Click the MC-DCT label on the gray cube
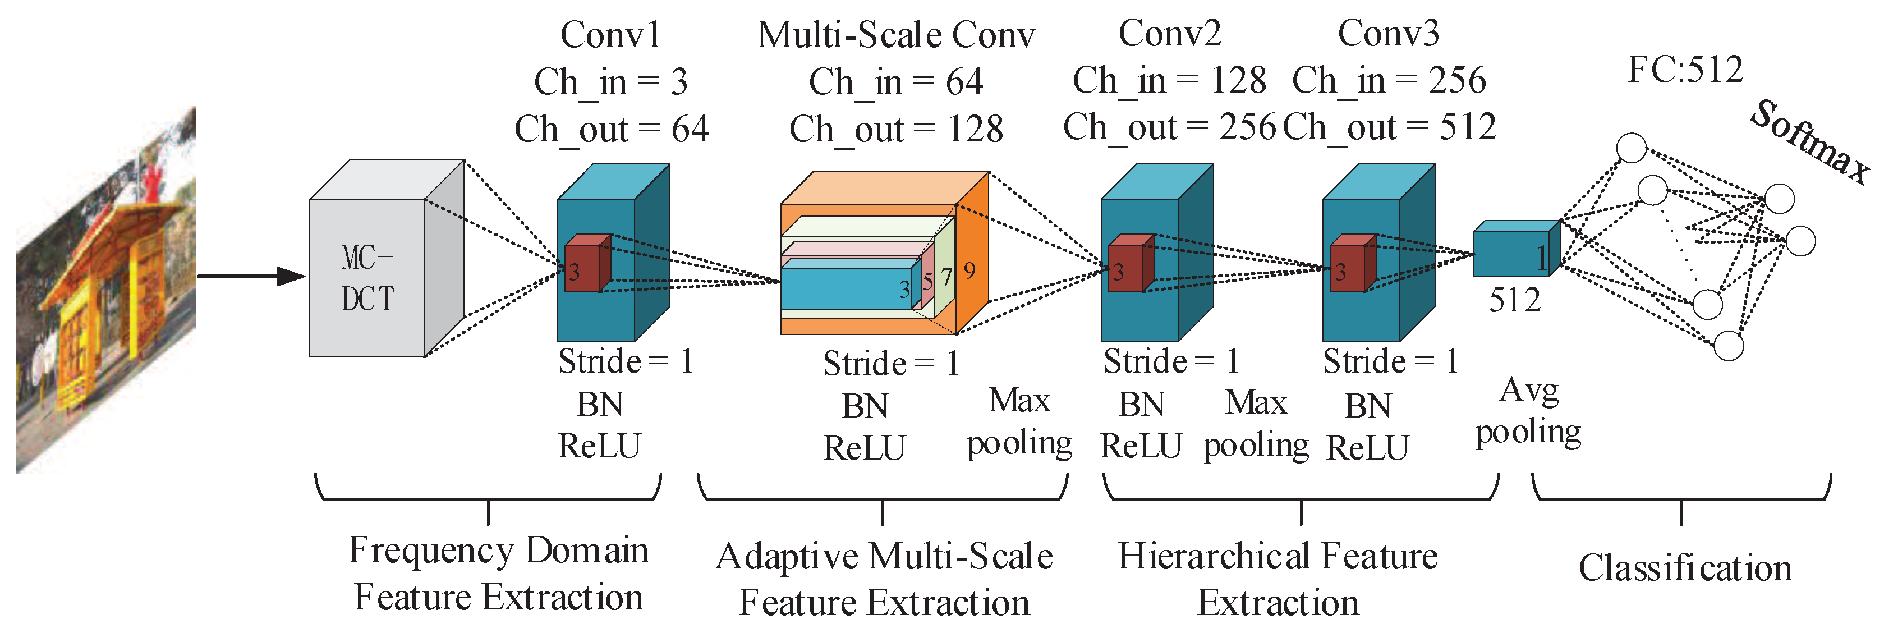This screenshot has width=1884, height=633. (x=367, y=278)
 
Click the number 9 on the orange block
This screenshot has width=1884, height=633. (x=969, y=270)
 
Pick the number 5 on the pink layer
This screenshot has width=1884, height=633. (x=927, y=282)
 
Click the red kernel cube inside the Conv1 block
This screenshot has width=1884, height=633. (x=585, y=265)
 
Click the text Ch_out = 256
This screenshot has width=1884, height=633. (x=1169, y=127)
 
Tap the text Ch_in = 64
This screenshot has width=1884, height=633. (x=896, y=81)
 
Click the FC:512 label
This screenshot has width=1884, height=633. (x=1684, y=70)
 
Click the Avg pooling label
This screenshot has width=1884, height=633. (x=1528, y=411)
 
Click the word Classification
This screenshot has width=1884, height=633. (x=1684, y=568)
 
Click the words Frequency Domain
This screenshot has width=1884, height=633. (x=497, y=551)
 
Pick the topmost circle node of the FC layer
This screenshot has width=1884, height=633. (x=1631, y=148)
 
